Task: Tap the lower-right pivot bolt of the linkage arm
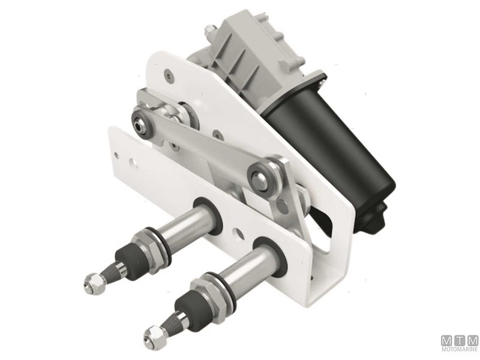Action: (262, 178)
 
